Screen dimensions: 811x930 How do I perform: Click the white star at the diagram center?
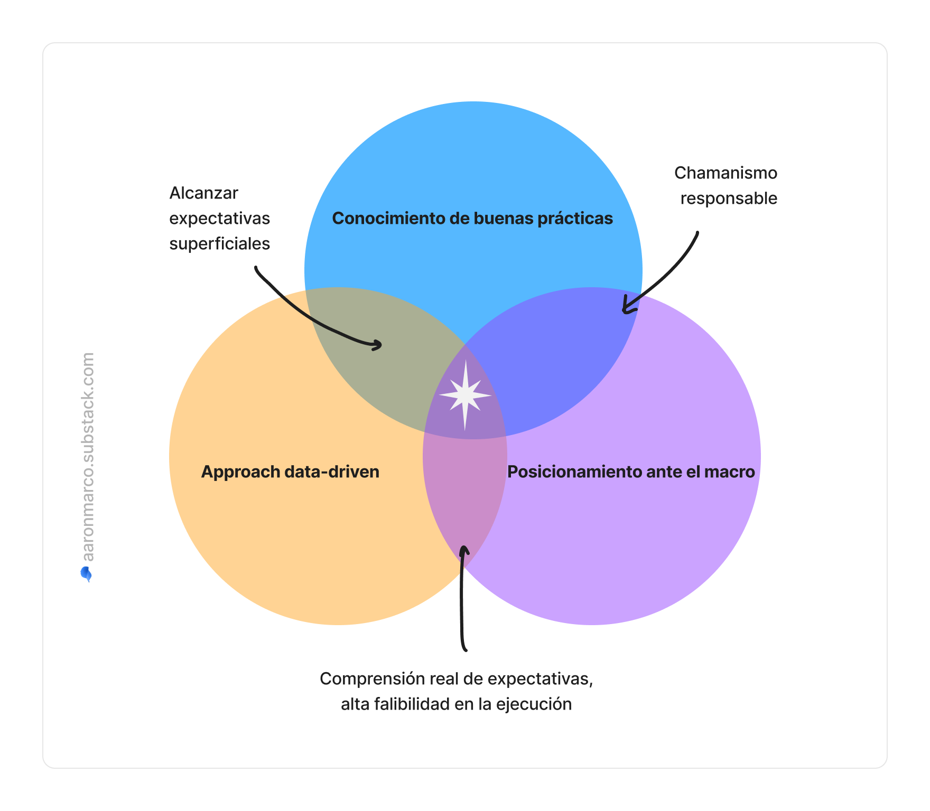coord(465,395)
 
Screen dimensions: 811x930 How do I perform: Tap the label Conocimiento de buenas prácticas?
coord(472,218)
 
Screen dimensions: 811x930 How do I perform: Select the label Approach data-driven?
coord(290,471)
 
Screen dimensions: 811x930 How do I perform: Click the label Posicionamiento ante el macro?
coord(631,471)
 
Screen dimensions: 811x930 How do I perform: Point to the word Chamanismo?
coord(726,173)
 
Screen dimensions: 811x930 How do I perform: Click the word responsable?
coord(729,198)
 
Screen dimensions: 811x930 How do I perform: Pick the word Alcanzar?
coord(203,193)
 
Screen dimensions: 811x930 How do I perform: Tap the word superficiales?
coord(219,243)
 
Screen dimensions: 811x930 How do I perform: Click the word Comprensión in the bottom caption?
coord(364,678)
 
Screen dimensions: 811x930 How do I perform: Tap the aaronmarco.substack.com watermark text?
coord(88,457)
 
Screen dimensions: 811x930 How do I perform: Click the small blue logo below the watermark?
coord(87,574)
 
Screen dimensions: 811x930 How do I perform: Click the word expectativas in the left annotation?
coord(219,218)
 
